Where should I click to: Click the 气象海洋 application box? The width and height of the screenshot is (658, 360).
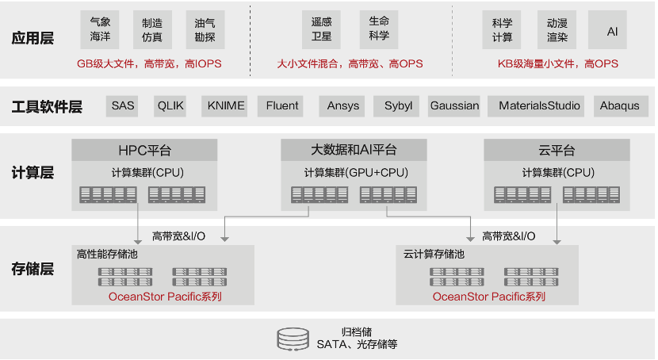[100, 30]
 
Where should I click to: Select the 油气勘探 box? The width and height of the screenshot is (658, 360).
[205, 30]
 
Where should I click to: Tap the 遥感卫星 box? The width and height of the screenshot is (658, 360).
[321, 30]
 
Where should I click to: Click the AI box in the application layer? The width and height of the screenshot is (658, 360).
[612, 31]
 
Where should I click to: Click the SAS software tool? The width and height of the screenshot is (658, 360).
[123, 105]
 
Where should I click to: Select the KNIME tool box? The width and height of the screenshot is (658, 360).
[226, 105]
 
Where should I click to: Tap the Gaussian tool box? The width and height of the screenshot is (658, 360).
[454, 105]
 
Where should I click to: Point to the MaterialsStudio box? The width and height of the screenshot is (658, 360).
[539, 105]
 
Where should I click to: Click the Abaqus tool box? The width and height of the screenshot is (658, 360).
[619, 105]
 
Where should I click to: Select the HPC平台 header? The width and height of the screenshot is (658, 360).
[143, 150]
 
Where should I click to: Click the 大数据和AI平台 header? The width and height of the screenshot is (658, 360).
[354, 150]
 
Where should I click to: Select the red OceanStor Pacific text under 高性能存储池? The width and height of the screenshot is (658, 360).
[165, 297]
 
